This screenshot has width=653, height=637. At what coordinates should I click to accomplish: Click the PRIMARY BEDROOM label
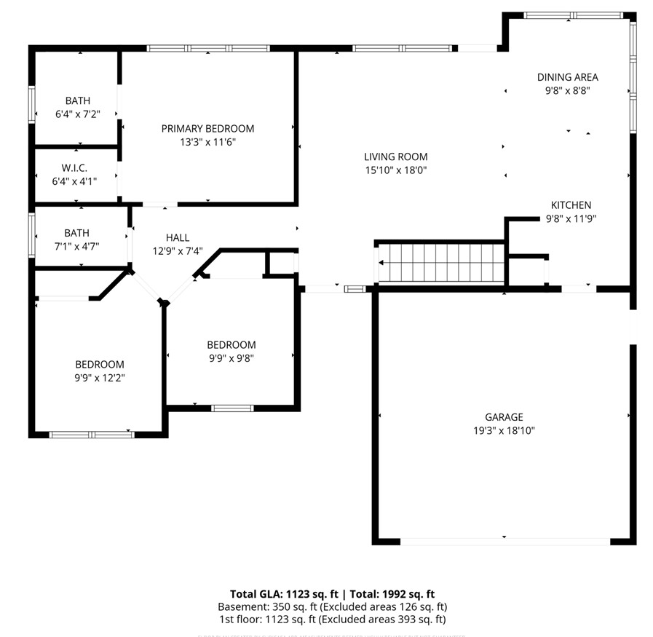(207, 129)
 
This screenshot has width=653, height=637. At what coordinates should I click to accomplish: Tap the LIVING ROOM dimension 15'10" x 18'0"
(395, 170)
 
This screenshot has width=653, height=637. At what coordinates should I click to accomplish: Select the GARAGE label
(504, 417)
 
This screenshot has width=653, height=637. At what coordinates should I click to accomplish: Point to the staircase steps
(441, 263)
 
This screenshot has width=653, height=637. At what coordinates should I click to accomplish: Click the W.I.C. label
(74, 167)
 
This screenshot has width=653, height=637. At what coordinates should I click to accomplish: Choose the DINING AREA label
(567, 77)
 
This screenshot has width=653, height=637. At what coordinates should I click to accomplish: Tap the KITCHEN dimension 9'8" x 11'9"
(571, 218)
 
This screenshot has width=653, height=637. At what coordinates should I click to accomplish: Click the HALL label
(177, 237)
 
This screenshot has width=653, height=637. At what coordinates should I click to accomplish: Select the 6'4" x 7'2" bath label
(77, 114)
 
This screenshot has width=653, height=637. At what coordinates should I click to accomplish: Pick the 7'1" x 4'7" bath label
(76, 246)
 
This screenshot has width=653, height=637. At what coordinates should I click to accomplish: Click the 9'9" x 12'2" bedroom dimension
(100, 378)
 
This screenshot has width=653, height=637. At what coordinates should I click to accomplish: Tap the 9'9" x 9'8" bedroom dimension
(231, 357)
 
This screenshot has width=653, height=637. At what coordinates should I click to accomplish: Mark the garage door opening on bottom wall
(505, 542)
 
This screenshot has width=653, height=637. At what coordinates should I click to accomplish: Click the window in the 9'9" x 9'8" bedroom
(232, 408)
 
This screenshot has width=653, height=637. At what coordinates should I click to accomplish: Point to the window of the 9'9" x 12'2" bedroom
(92, 435)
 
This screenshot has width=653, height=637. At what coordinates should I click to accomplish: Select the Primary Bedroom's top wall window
(208, 49)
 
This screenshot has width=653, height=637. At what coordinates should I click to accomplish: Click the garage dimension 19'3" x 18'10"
(504, 430)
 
